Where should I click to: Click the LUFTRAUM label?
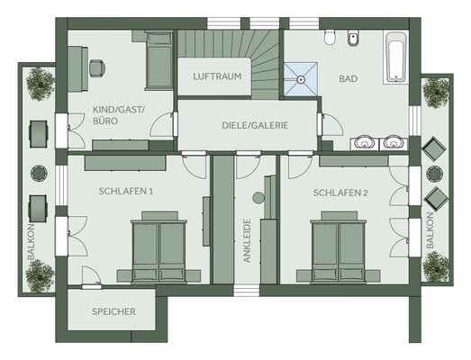(x=217, y=76)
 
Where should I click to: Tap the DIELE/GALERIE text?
(x=255, y=125)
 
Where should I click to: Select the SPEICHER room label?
(x=113, y=311)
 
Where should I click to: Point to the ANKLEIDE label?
(x=247, y=241)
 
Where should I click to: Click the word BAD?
(x=349, y=78)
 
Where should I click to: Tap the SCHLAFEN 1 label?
(x=126, y=192)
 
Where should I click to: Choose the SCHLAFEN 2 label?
(x=340, y=193)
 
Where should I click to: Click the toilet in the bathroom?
(x=330, y=37)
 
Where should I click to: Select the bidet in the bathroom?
(x=353, y=38)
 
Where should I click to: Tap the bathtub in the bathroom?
(x=396, y=58)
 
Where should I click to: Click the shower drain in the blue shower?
(x=301, y=79)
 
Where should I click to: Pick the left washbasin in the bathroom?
(x=365, y=142)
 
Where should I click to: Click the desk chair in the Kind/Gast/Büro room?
(x=97, y=68)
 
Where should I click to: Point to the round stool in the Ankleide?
(x=258, y=198)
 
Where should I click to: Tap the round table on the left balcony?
(x=39, y=173)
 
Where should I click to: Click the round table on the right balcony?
(x=435, y=174)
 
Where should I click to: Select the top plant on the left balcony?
(x=40, y=84)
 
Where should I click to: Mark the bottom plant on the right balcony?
(x=436, y=266)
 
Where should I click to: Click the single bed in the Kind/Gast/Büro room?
(x=159, y=60)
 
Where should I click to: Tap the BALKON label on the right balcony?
(x=430, y=230)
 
